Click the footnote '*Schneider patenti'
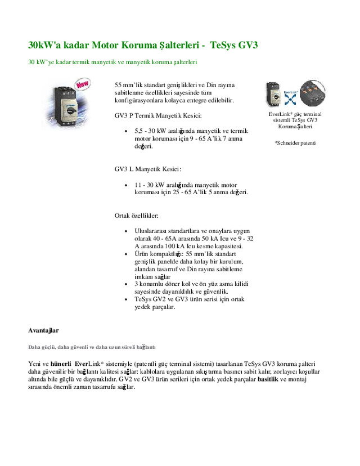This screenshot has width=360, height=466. pos(295,143)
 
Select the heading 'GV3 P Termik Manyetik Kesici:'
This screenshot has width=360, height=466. pos(158,115)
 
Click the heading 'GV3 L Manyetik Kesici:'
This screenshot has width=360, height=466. pos(148,169)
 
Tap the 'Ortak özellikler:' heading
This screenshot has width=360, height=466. pos(137,216)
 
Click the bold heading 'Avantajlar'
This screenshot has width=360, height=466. pos(43,330)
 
